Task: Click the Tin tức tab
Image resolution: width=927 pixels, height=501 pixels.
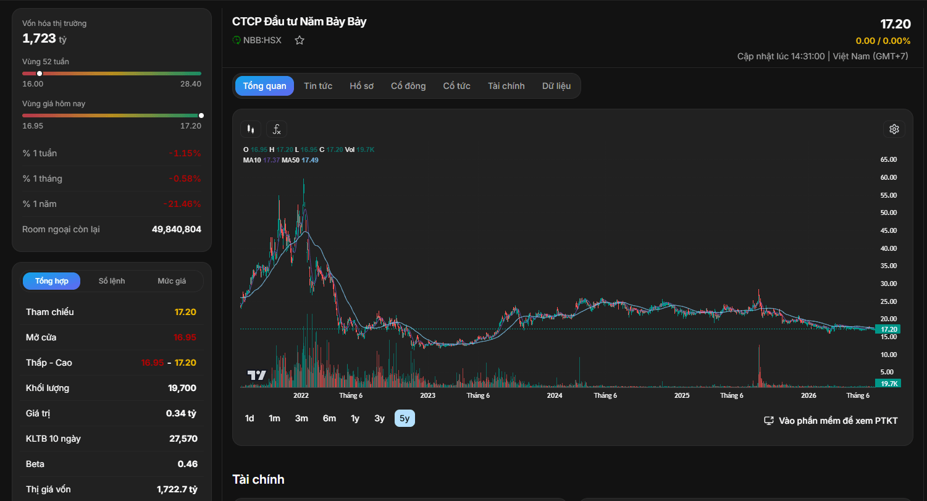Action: click(318, 86)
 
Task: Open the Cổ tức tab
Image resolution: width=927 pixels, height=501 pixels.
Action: click(456, 86)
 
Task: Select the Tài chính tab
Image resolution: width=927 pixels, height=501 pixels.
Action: click(506, 86)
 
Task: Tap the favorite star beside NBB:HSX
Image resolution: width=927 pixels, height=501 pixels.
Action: click(299, 40)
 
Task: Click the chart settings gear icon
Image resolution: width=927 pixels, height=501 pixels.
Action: click(894, 129)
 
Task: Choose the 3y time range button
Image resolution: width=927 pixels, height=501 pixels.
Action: click(379, 418)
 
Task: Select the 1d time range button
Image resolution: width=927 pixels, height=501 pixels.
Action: click(250, 418)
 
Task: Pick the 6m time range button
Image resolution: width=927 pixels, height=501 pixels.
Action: click(329, 418)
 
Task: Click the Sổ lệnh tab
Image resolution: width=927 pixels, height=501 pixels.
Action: click(112, 280)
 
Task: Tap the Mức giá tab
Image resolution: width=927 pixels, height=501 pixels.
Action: click(172, 280)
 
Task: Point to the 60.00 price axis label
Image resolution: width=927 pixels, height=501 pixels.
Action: click(889, 177)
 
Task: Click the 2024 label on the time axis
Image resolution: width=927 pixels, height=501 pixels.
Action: click(555, 395)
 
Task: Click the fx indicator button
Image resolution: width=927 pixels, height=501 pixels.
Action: click(277, 129)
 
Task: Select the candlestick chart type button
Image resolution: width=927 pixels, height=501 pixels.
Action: click(251, 129)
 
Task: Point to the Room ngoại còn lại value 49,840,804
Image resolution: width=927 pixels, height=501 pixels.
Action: click(176, 229)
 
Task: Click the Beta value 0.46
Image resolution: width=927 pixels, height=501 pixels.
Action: click(188, 464)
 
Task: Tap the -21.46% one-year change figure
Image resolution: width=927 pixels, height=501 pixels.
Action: click(182, 204)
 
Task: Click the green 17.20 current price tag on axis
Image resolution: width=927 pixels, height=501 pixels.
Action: click(888, 329)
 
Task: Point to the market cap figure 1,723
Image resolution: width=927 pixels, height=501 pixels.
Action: click(39, 38)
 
